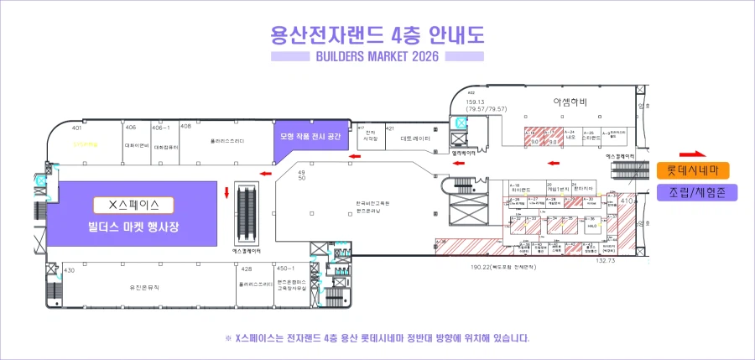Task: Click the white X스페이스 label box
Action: point(134,205)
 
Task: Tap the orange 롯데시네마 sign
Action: point(692,170)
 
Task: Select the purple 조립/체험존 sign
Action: point(692,192)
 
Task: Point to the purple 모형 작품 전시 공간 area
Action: point(310,135)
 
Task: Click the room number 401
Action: point(76,128)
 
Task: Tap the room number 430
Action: point(69,270)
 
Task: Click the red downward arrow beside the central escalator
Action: point(226,195)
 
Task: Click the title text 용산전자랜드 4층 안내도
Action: point(377,35)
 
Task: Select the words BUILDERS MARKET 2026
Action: point(377,57)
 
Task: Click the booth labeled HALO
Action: point(591,227)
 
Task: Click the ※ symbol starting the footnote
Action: point(228,338)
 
